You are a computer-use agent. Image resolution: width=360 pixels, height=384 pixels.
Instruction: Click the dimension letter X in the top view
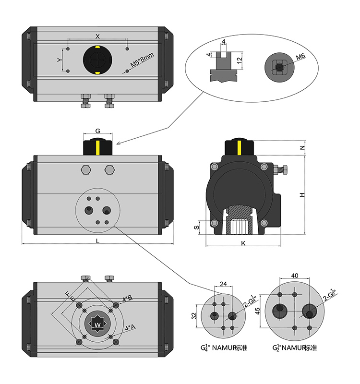(97, 36)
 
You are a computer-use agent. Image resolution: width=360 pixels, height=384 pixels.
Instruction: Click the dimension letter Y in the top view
(60, 60)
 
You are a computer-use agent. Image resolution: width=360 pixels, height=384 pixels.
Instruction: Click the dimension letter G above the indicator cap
(97, 131)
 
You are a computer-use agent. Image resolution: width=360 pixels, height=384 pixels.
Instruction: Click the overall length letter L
(97, 241)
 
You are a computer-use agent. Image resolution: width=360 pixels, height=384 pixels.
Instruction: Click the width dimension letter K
(243, 243)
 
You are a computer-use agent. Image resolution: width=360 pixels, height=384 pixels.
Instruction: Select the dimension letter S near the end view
(196, 228)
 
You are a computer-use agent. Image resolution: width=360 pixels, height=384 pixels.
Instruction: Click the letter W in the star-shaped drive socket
(97, 325)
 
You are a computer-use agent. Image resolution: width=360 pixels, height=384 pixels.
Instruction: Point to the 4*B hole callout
(127, 299)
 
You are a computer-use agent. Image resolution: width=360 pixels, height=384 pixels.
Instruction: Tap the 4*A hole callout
(130, 328)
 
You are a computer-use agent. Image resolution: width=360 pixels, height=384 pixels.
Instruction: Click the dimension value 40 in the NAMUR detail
(294, 276)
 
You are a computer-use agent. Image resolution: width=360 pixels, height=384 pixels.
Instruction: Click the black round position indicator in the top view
(97, 60)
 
